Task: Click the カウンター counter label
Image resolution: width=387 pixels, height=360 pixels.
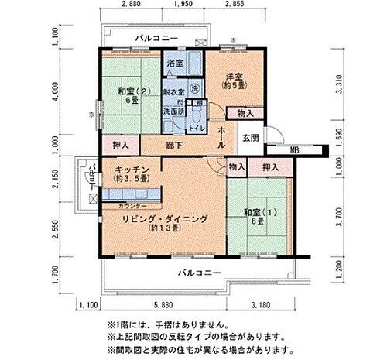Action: (134, 206)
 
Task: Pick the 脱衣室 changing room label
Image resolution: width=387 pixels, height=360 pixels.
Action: (174, 91)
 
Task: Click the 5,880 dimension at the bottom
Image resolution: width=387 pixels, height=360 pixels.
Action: (163, 304)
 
